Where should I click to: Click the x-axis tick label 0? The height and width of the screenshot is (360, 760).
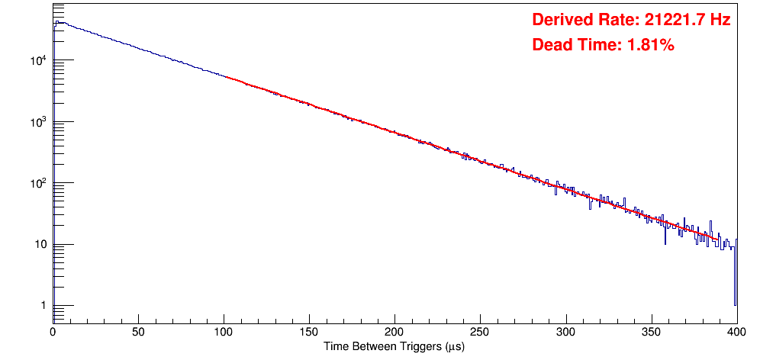(x=53, y=333)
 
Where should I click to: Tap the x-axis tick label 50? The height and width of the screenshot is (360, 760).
(x=138, y=333)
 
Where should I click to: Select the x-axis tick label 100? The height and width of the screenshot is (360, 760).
(x=224, y=333)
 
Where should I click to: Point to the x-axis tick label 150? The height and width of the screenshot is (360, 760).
(x=309, y=333)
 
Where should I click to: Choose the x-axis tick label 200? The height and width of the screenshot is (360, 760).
(x=394, y=333)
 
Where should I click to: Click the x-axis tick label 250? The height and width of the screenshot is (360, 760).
(x=480, y=333)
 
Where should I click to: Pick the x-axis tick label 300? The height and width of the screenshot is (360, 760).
(x=565, y=333)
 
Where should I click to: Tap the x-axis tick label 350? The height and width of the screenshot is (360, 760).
(x=651, y=333)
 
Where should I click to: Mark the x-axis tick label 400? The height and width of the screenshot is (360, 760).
(x=735, y=333)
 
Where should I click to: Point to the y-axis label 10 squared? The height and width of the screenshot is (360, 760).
(x=40, y=183)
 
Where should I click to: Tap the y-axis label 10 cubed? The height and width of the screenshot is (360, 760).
(x=40, y=122)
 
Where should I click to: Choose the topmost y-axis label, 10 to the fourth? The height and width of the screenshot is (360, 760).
(x=40, y=60)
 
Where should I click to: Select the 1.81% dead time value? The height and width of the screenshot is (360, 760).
(x=650, y=45)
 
